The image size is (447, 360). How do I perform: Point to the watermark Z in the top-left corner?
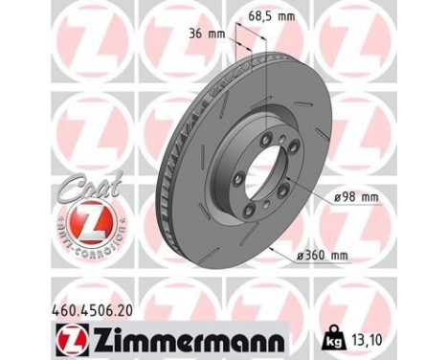pyautogui.click(x=29, y=29)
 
